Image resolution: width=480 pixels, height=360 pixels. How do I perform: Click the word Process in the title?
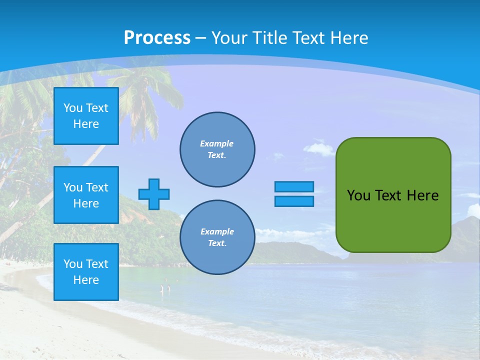[157, 38]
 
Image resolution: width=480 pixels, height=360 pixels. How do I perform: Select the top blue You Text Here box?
[86, 116]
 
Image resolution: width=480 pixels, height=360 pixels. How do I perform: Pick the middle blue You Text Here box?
[86, 195]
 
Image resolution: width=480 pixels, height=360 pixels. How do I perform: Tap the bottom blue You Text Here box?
[86, 271]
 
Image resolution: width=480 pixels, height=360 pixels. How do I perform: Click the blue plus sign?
[154, 194]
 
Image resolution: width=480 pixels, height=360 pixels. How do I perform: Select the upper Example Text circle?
[217, 149]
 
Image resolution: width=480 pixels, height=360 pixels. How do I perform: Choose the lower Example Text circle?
[217, 237]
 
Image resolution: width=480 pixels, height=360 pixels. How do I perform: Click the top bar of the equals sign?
[294, 186]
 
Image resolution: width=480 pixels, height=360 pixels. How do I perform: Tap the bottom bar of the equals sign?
[294, 201]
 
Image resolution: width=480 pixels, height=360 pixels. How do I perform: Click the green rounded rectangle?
[393, 220]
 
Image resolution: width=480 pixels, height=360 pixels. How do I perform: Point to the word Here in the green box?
[422, 195]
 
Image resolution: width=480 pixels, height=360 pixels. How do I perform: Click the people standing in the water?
[165, 288]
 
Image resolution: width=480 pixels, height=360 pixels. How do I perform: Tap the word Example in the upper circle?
[216, 143]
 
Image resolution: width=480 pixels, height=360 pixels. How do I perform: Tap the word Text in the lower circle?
[216, 243]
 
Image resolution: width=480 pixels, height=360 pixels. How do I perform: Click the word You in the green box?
[358, 195]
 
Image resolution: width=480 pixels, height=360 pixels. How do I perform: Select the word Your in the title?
[228, 38]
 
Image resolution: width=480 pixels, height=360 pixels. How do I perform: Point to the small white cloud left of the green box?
[318, 148]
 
